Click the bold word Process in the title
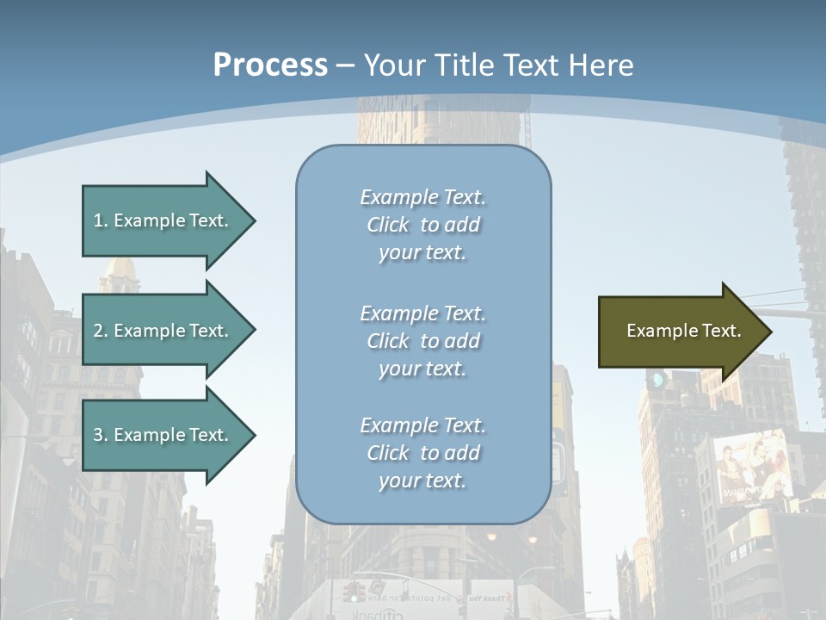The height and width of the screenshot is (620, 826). click(x=270, y=65)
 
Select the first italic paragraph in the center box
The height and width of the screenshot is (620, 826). click(x=422, y=225)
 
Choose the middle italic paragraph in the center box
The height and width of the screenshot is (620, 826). click(x=422, y=341)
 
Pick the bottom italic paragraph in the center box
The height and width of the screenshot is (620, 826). click(x=422, y=453)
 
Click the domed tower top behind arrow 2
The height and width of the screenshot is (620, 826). click(x=120, y=273)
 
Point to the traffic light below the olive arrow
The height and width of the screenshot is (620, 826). click(x=657, y=380)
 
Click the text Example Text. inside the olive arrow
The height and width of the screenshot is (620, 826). click(x=683, y=331)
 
